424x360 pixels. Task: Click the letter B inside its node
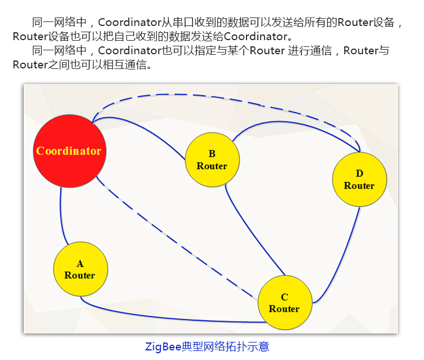pos(212,154)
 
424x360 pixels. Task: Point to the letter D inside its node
pos(359,174)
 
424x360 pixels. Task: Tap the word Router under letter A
pos(80,275)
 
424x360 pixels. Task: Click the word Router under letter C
pos(284,309)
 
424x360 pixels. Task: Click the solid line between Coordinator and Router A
pos(60,218)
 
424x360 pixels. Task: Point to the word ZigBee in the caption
pos(163,346)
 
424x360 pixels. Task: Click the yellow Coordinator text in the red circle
pos(69,151)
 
